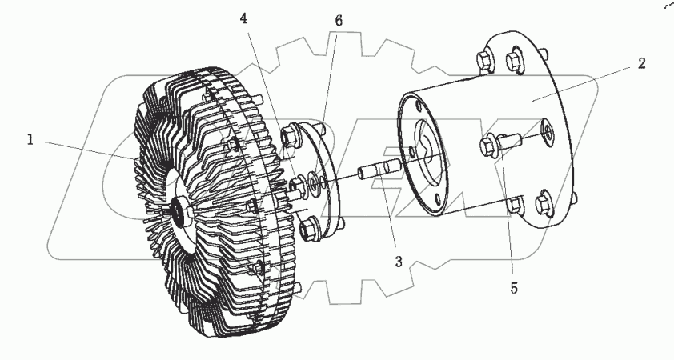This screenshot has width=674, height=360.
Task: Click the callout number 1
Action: pyautogui.click(x=30, y=140)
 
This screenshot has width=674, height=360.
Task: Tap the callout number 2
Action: pyautogui.click(x=641, y=64)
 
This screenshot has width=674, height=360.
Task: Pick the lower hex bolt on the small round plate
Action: pyautogui.click(x=309, y=230)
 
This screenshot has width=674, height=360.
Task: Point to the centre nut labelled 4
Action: pyautogui.click(x=295, y=186)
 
